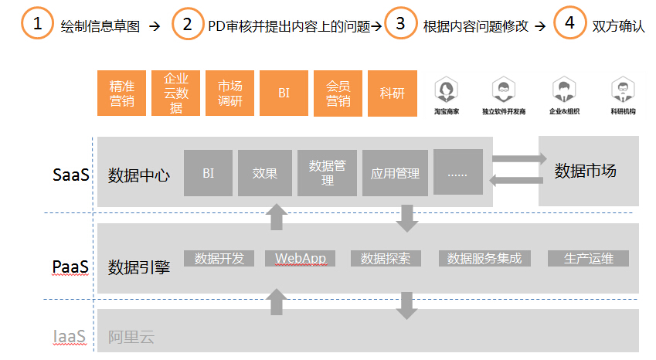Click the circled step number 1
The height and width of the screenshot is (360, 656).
[x=36, y=23]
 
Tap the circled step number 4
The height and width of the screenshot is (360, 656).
[x=569, y=23]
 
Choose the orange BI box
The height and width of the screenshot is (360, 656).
[x=284, y=93]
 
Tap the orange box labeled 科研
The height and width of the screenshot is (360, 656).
[x=393, y=93]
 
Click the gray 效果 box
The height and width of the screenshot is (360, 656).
[x=264, y=173]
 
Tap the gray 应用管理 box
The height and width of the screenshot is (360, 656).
[x=395, y=173]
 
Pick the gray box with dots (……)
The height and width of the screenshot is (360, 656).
[x=457, y=173]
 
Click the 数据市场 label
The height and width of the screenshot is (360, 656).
[x=586, y=172]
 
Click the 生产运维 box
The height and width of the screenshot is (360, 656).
[x=588, y=258]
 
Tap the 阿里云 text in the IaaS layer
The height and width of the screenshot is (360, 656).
[x=126, y=336]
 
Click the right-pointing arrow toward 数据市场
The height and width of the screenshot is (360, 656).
[x=515, y=159]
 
